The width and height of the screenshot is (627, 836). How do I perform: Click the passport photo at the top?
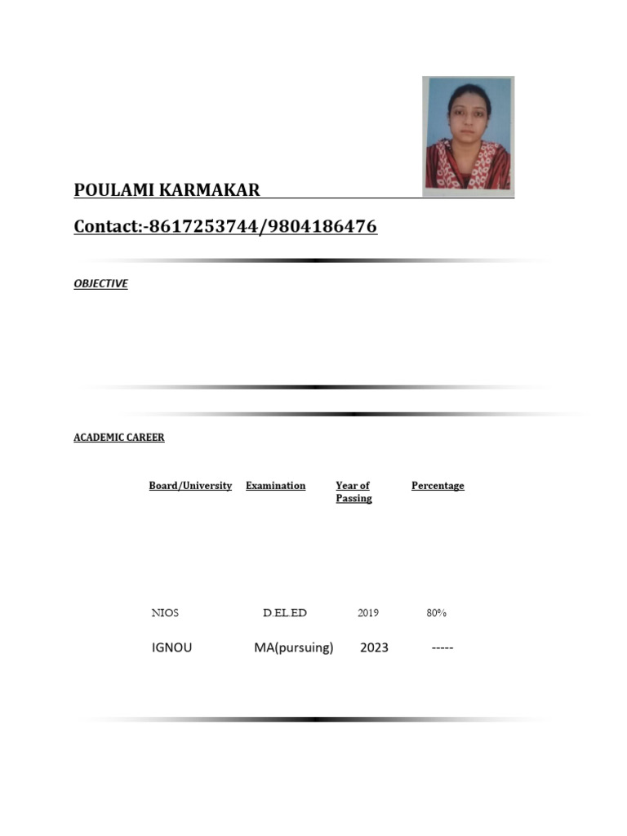coord(468,135)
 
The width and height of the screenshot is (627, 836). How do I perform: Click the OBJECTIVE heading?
coord(100,284)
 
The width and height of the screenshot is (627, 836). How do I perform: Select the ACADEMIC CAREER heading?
coord(118,438)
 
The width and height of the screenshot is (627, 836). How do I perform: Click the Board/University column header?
coord(190,486)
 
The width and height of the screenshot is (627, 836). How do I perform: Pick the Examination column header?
coord(275,486)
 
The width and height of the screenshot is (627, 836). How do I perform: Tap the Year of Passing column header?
coord(353,491)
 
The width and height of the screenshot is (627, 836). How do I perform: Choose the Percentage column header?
coord(438,486)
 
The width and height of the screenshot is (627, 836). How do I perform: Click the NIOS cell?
coord(165,613)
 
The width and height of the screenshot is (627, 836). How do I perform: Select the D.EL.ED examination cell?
coord(284,613)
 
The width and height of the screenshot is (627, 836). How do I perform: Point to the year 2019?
coord(367,613)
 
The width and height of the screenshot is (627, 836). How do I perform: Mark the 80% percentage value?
coord(436,613)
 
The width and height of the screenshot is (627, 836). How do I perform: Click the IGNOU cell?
coord(171,648)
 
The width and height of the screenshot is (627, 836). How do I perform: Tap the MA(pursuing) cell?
coord(293,648)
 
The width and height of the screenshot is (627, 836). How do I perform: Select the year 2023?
coord(374,648)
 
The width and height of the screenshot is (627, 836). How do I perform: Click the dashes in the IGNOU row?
coord(442,648)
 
